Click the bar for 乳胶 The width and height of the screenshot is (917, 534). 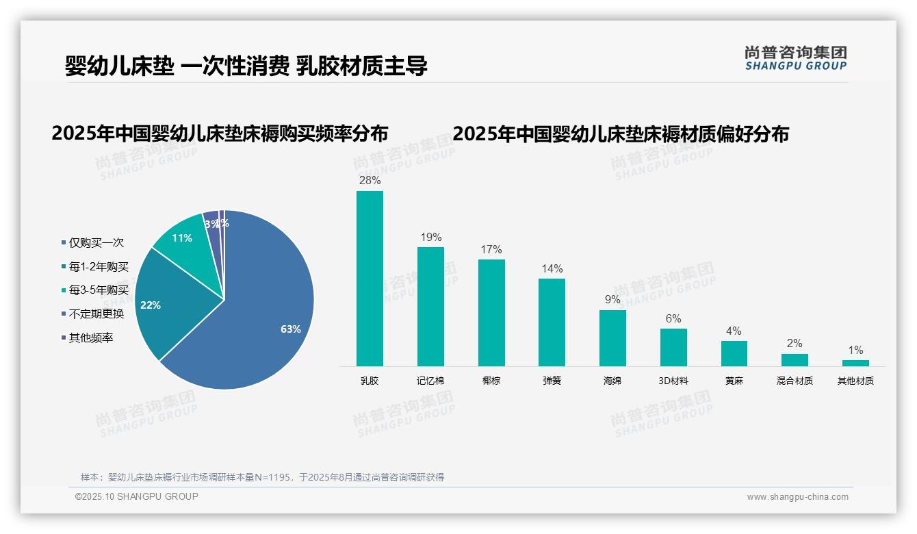(x=370, y=279)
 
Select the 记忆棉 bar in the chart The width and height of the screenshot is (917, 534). (x=430, y=307)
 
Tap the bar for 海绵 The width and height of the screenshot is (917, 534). (x=612, y=338)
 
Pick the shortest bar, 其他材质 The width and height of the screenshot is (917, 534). (x=855, y=363)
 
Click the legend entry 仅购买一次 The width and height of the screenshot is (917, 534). (x=96, y=242)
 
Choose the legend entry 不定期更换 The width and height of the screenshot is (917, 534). (x=96, y=314)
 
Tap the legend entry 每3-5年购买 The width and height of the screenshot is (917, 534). (x=98, y=290)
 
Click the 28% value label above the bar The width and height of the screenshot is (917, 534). (x=370, y=181)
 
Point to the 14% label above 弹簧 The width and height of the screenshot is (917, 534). (x=552, y=268)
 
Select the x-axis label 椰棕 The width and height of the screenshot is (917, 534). (x=491, y=381)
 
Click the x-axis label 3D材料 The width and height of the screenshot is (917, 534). (x=673, y=381)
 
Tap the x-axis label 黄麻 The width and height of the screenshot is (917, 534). (x=734, y=381)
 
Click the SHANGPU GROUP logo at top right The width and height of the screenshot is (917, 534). (x=795, y=58)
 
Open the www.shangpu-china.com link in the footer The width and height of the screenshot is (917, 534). (x=797, y=497)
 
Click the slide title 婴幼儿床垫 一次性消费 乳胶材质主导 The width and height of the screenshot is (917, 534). (x=246, y=66)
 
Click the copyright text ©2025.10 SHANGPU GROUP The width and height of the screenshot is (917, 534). (x=136, y=496)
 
